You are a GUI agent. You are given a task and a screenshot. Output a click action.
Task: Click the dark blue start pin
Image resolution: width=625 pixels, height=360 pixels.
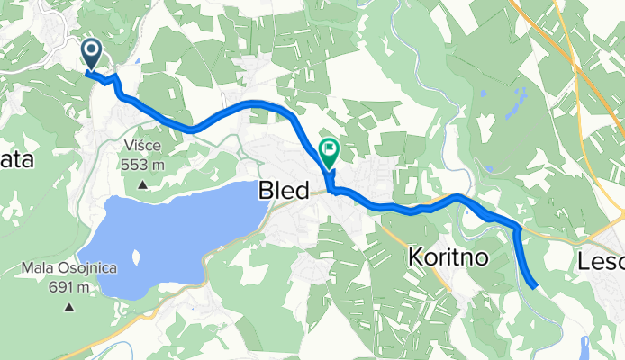tap(91, 52)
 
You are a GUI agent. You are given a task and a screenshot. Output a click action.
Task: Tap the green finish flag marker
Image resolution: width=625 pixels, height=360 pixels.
tap(329, 150)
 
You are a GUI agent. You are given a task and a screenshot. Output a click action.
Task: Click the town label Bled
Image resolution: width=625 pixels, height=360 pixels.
tap(284, 191)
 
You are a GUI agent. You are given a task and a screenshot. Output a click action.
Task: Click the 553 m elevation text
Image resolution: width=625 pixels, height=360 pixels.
tap(144, 165)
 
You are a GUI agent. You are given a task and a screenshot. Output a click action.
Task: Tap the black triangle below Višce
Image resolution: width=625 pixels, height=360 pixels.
tap(143, 185)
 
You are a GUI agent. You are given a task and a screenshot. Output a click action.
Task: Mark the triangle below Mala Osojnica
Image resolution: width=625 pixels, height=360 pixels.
tap(69, 308)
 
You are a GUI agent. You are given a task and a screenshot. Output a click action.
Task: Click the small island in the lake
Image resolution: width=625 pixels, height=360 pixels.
tap(135, 257)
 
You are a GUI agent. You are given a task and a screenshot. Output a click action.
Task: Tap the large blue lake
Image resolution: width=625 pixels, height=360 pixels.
tap(171, 234)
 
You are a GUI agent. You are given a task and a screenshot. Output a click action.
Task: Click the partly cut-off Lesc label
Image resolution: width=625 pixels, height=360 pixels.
tap(601, 262)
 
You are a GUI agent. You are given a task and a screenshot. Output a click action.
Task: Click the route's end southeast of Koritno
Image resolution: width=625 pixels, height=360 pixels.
tap(536, 287)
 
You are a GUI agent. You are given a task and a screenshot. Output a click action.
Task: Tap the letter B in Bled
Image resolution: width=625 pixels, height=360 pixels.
tap(266, 191)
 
